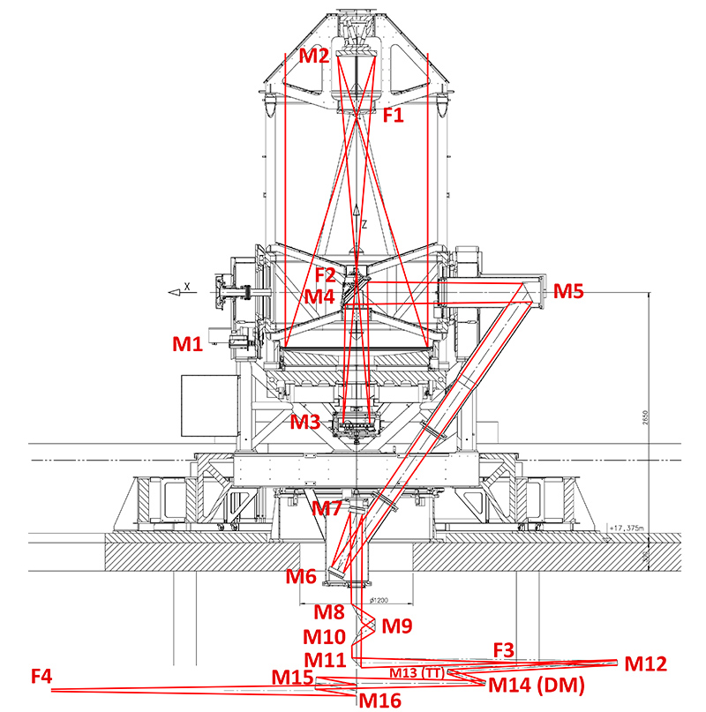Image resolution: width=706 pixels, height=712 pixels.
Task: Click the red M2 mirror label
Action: click(x=313, y=56)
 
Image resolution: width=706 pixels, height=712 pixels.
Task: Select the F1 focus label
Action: click(x=394, y=114)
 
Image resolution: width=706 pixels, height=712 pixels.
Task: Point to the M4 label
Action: click(x=320, y=296)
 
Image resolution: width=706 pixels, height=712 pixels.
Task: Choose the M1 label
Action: click(x=188, y=343)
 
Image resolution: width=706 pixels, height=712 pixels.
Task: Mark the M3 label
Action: click(x=307, y=422)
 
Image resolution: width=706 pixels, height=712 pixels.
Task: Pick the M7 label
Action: click(x=327, y=508)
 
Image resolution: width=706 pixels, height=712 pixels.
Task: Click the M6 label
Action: click(x=301, y=577)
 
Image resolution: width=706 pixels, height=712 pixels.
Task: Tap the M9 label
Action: click(x=397, y=626)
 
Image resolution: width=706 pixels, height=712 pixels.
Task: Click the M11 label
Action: click(x=325, y=659)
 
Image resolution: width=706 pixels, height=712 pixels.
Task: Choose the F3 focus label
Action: click(x=503, y=650)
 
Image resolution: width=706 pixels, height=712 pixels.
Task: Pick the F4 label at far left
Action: click(x=41, y=677)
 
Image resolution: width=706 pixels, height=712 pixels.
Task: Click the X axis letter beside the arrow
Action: click(x=187, y=285)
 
